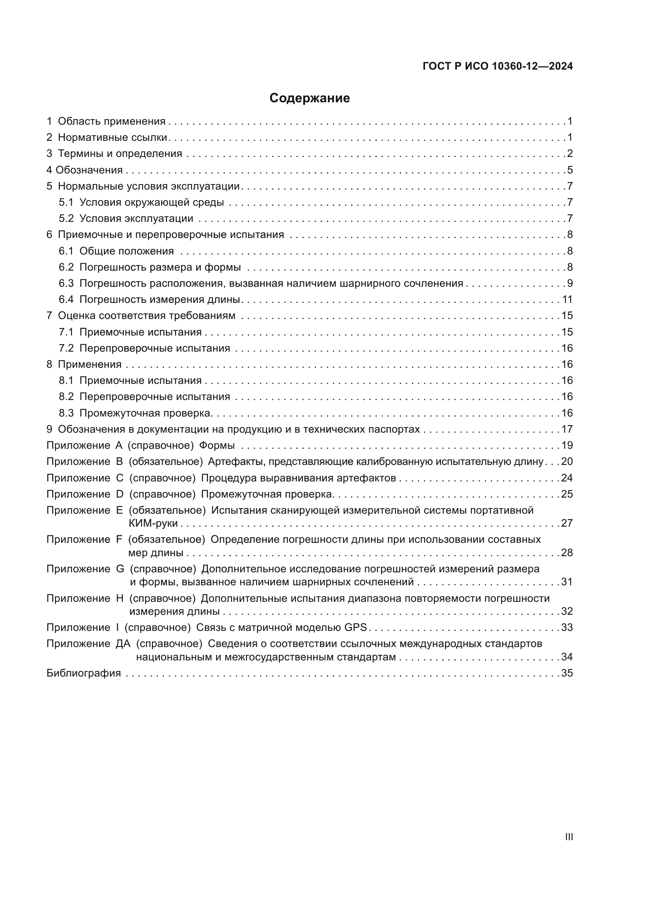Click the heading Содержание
click(x=309, y=98)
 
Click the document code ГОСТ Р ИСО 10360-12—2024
click(x=497, y=66)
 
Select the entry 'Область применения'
click(x=111, y=122)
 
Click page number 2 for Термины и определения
click(x=570, y=154)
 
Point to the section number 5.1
click(x=66, y=202)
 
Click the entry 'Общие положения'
click(x=126, y=251)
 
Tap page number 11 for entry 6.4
click(x=567, y=300)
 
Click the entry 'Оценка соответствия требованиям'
click(x=146, y=316)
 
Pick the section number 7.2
click(x=66, y=348)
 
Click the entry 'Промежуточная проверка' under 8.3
click(x=145, y=413)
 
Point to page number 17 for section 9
click(x=567, y=430)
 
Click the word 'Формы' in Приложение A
click(x=217, y=446)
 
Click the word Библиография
click(x=83, y=673)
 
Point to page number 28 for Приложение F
click(x=567, y=553)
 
